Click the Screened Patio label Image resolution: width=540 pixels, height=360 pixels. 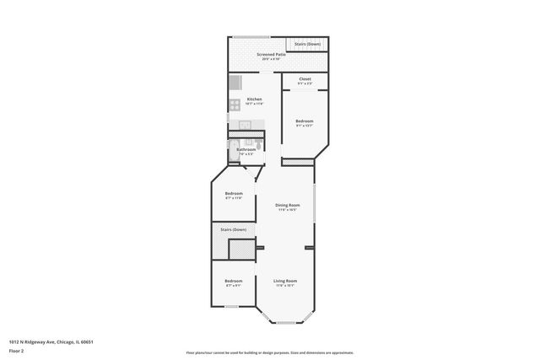click(270, 55)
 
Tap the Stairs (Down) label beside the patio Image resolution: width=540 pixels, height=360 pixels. click(307, 43)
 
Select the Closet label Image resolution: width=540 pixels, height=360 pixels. click(305, 80)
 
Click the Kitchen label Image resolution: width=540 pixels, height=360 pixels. click(254, 100)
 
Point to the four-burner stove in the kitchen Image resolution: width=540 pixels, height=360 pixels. click(234, 105)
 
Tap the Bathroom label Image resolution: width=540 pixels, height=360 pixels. click(246, 151)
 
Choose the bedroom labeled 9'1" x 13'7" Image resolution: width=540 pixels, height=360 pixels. click(305, 123)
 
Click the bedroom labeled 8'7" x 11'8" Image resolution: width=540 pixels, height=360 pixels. click(234, 196)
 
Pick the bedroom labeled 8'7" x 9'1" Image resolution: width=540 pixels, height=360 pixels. click(234, 282)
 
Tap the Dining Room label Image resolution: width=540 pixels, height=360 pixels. click(288, 207)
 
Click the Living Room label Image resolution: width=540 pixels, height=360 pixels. click(285, 282)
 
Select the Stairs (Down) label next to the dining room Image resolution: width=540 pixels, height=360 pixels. click(234, 229)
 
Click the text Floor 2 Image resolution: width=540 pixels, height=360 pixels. click(17, 349)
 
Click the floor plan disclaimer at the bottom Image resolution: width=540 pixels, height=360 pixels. click(270, 352)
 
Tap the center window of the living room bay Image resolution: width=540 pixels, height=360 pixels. click(285, 322)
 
